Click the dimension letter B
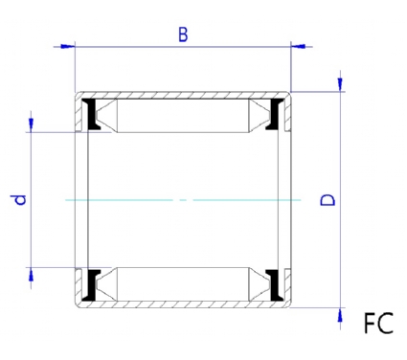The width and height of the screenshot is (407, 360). [x=183, y=34]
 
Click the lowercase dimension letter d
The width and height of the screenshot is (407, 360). [x=21, y=200]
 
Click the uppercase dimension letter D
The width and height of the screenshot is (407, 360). [x=328, y=200]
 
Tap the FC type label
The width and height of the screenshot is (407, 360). [x=378, y=324]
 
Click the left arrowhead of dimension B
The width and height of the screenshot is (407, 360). [x=67, y=47]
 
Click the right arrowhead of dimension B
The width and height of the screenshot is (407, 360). [x=298, y=47]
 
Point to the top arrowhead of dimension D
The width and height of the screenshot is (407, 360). [x=341, y=84]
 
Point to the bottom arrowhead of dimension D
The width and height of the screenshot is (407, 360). [x=341, y=315]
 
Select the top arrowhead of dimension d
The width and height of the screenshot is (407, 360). [x=31, y=124]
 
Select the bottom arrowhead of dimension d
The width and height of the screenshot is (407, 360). [x=31, y=275]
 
